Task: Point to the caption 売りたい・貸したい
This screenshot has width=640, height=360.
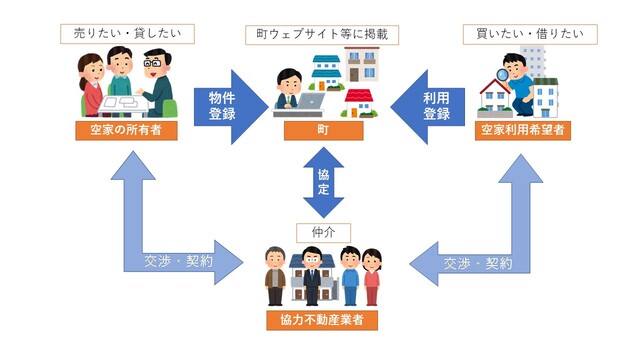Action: point(126,34)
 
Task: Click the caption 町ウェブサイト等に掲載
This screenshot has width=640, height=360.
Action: point(319,34)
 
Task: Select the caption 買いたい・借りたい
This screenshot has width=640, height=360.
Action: point(517,34)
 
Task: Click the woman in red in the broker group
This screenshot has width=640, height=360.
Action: point(372,277)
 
